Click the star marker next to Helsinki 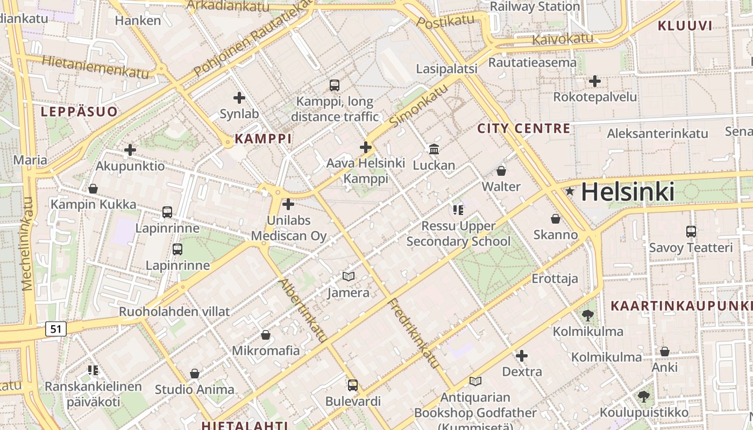(x=570, y=191)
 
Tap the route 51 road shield (x=56, y=328)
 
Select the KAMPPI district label (x=263, y=139)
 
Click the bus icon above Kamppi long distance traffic (x=334, y=85)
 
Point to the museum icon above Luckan (x=434, y=149)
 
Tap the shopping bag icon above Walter (x=501, y=171)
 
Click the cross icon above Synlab (x=239, y=98)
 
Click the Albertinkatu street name (x=302, y=310)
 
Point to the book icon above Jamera (x=349, y=276)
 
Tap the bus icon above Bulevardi (x=353, y=385)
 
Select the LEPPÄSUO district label (x=79, y=112)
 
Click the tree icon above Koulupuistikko (x=643, y=397)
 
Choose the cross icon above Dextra (x=521, y=356)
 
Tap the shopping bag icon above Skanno (x=555, y=219)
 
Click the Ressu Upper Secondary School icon (x=458, y=210)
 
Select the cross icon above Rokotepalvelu (x=594, y=81)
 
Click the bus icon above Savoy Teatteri (x=691, y=232)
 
